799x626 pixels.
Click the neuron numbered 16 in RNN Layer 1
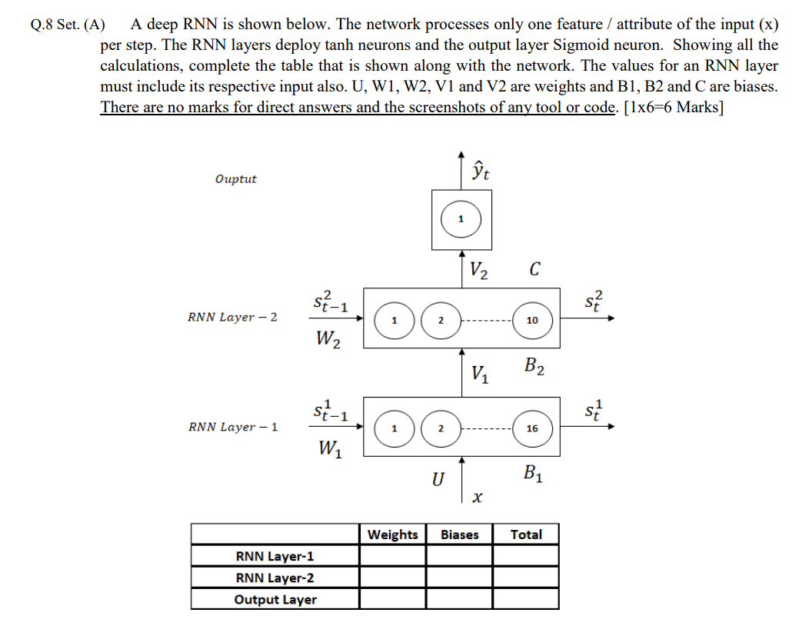click(531, 428)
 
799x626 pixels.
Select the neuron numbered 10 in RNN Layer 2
click(531, 319)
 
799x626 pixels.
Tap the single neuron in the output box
click(461, 219)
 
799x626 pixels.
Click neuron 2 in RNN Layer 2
click(441, 319)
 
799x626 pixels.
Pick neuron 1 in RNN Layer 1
click(393, 428)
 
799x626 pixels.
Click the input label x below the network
click(477, 499)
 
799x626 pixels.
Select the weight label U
click(437, 480)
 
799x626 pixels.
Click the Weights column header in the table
click(393, 534)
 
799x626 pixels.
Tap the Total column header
click(526, 534)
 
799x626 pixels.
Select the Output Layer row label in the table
click(275, 600)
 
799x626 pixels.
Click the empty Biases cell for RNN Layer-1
click(459, 556)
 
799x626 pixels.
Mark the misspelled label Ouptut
click(236, 179)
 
